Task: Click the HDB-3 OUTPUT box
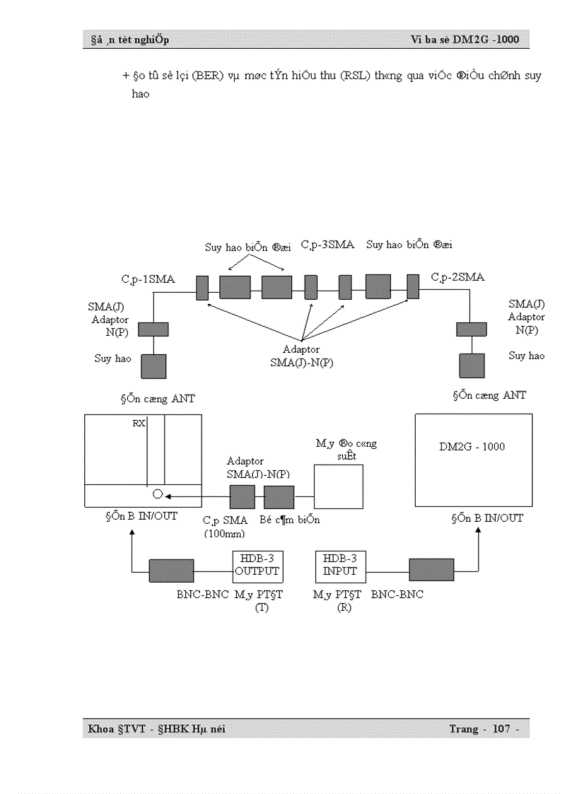pyautogui.click(x=257, y=566)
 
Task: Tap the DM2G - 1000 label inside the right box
pyautogui.click(x=472, y=447)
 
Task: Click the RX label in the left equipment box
pyautogui.click(x=139, y=424)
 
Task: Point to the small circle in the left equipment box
pyautogui.click(x=158, y=494)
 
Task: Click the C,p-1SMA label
pyautogui.click(x=148, y=279)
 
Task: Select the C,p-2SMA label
pyautogui.click(x=457, y=277)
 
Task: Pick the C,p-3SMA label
pyautogui.click(x=327, y=245)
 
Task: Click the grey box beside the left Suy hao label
pyautogui.click(x=153, y=366)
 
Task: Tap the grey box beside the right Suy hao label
pyautogui.click(x=472, y=366)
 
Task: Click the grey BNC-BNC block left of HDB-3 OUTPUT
pyautogui.click(x=171, y=571)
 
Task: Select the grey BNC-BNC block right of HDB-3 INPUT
pyautogui.click(x=431, y=571)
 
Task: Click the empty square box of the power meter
pyautogui.click(x=339, y=486)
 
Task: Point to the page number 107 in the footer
pyautogui.click(x=501, y=729)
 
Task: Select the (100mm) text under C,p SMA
pyautogui.click(x=224, y=534)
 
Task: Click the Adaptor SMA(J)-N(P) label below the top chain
pyautogui.click(x=301, y=356)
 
